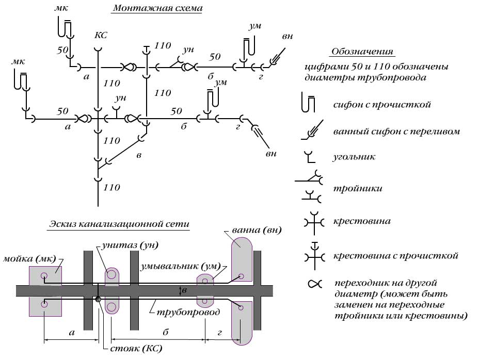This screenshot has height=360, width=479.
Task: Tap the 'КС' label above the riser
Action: click(x=101, y=36)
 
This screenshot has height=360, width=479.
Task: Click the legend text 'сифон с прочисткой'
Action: click(x=381, y=105)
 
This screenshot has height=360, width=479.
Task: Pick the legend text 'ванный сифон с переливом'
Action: click(x=396, y=132)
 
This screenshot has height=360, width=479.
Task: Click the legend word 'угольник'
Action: click(x=354, y=156)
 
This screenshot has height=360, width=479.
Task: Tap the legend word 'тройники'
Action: click(x=358, y=188)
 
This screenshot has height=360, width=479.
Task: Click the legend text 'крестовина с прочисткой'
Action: click(x=396, y=255)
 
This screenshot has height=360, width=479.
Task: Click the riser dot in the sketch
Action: click(x=98, y=299)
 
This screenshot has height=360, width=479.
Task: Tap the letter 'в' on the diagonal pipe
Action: click(x=138, y=155)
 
